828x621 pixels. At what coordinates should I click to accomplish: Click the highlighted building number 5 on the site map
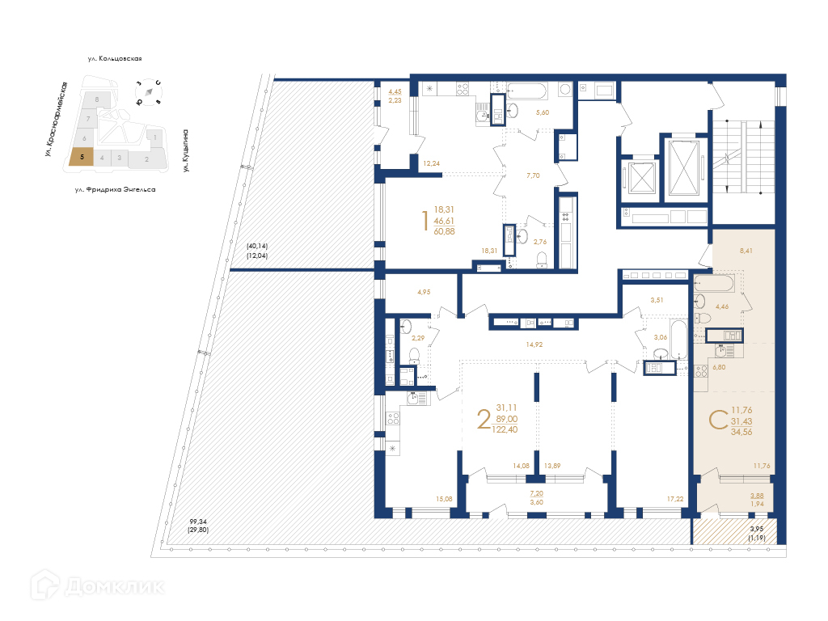point(82,157)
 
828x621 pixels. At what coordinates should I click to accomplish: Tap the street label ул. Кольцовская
point(115,58)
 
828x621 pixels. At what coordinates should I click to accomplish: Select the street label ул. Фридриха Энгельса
point(115,189)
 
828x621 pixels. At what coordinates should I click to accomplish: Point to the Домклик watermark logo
point(97,585)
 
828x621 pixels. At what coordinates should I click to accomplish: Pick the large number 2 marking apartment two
point(484,420)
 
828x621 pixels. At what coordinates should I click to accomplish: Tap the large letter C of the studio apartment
point(718,420)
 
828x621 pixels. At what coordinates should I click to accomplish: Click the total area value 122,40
point(505,430)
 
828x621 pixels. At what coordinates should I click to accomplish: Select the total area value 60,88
point(444,231)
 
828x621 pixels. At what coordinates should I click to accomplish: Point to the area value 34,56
point(741,432)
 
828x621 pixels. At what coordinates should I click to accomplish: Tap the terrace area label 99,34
point(198,522)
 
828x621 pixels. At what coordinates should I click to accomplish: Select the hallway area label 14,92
point(534,344)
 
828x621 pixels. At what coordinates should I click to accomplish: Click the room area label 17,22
point(675,498)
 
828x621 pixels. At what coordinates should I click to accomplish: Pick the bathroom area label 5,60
point(543,112)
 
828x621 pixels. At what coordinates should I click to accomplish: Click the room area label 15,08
point(444,498)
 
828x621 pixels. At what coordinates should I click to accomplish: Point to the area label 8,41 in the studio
point(746,251)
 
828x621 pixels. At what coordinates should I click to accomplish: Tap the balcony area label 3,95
point(757,529)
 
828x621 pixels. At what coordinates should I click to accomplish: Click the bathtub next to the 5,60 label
point(526,91)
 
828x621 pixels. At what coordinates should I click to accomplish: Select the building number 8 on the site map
point(97,99)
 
